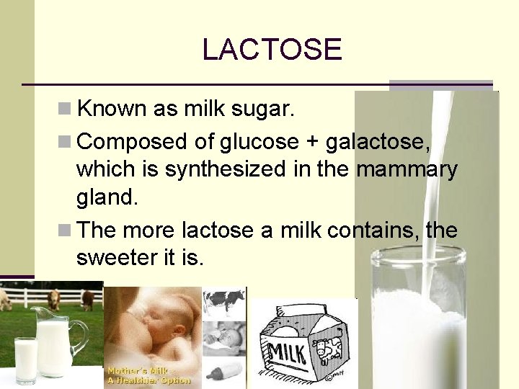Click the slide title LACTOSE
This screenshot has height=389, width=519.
[x=272, y=49]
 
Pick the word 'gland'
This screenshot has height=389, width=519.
[x=105, y=198]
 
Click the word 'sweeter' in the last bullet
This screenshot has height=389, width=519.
[x=112, y=257]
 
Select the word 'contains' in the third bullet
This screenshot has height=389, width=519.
[x=373, y=231]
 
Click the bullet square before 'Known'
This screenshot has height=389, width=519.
[x=64, y=109]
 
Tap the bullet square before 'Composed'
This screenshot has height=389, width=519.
[x=64, y=142]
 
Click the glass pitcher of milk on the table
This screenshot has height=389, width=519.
[x=57, y=341]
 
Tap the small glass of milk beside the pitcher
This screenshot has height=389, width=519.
[x=26, y=357]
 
